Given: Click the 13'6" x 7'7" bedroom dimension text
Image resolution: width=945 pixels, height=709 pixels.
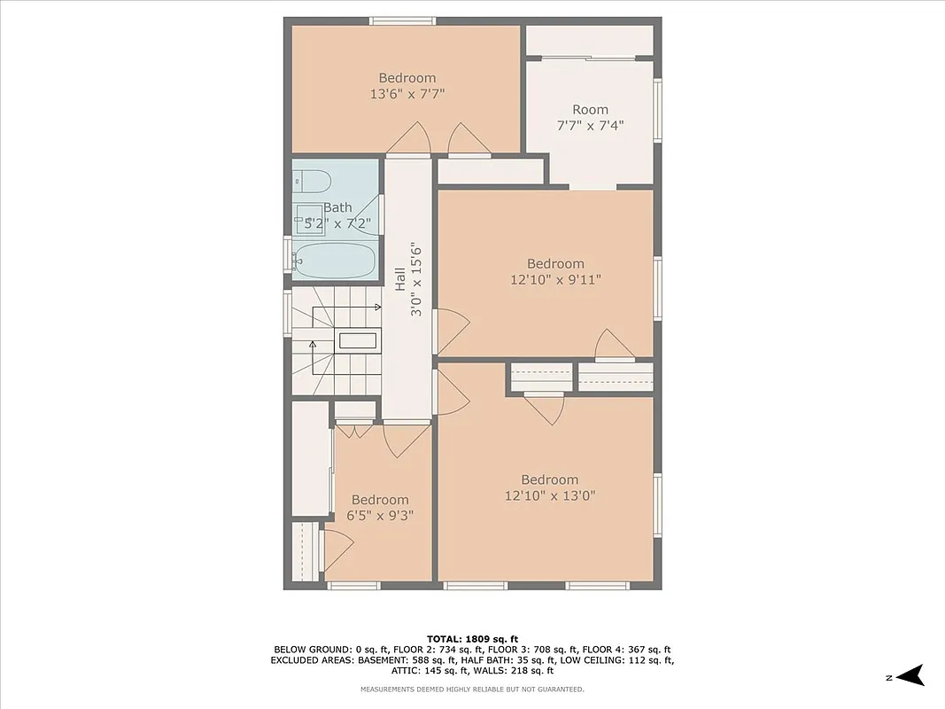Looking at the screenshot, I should (x=407, y=93).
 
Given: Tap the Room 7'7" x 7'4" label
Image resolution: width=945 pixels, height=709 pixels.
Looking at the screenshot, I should (x=590, y=118).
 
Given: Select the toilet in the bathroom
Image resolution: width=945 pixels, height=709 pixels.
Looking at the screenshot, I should (x=310, y=181).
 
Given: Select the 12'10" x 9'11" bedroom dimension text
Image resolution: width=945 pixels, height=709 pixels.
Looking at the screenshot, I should (x=555, y=279).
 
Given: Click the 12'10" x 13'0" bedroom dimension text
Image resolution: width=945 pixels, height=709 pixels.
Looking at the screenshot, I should (x=549, y=495).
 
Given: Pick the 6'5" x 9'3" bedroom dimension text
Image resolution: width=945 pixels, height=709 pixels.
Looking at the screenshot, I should (x=380, y=515).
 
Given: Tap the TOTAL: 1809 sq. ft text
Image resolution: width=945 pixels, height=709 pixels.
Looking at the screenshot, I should (x=472, y=638).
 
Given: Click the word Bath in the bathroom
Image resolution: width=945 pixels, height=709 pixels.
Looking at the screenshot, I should (x=337, y=207).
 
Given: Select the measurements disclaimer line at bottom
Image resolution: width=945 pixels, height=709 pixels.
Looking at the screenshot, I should (x=472, y=690).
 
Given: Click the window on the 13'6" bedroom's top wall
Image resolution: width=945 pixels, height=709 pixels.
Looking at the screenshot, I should (x=402, y=20).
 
